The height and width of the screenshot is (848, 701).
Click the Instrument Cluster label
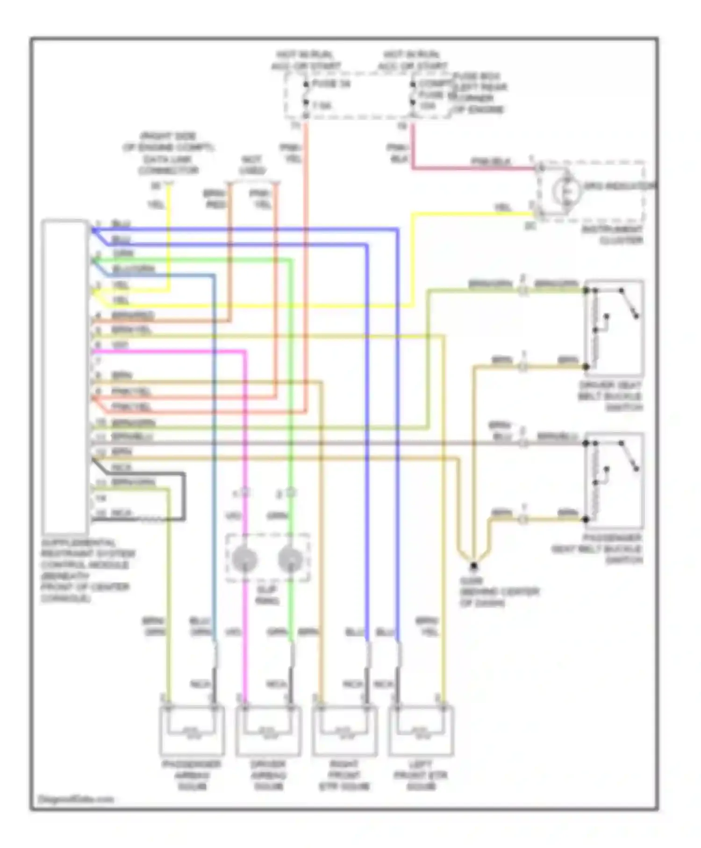pyautogui.click(x=612, y=235)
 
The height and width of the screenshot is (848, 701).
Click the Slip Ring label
pyautogui.click(x=267, y=595)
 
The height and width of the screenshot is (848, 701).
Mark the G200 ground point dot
pyautogui.click(x=473, y=566)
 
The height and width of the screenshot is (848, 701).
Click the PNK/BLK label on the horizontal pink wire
pyautogui.click(x=491, y=162)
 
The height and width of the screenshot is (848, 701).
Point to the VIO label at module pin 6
pyautogui.click(x=120, y=345)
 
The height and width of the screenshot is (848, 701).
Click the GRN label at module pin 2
pyautogui.click(x=123, y=253)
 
